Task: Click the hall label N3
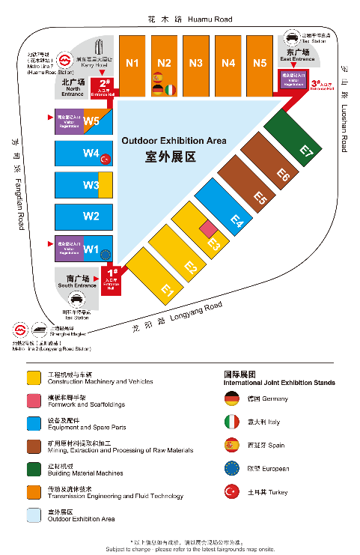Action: [196, 63]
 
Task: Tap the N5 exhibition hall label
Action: [260, 63]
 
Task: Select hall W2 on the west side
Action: [91, 216]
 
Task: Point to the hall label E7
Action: [305, 150]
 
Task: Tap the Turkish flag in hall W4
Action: [106, 158]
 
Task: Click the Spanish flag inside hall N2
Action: [157, 77]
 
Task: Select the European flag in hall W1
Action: [105, 253]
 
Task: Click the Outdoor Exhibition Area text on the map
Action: [174, 140]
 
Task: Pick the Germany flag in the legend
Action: [231, 398]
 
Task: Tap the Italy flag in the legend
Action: [231, 422]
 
